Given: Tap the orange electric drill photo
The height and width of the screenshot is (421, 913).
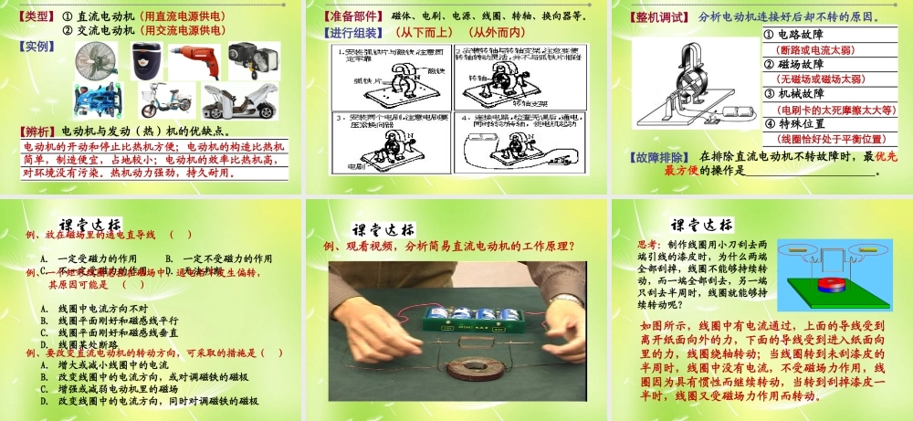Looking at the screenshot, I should [196, 61].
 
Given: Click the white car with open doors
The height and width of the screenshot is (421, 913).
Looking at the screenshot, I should [241, 100].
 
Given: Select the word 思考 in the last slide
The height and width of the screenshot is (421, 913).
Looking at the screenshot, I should [650, 244].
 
